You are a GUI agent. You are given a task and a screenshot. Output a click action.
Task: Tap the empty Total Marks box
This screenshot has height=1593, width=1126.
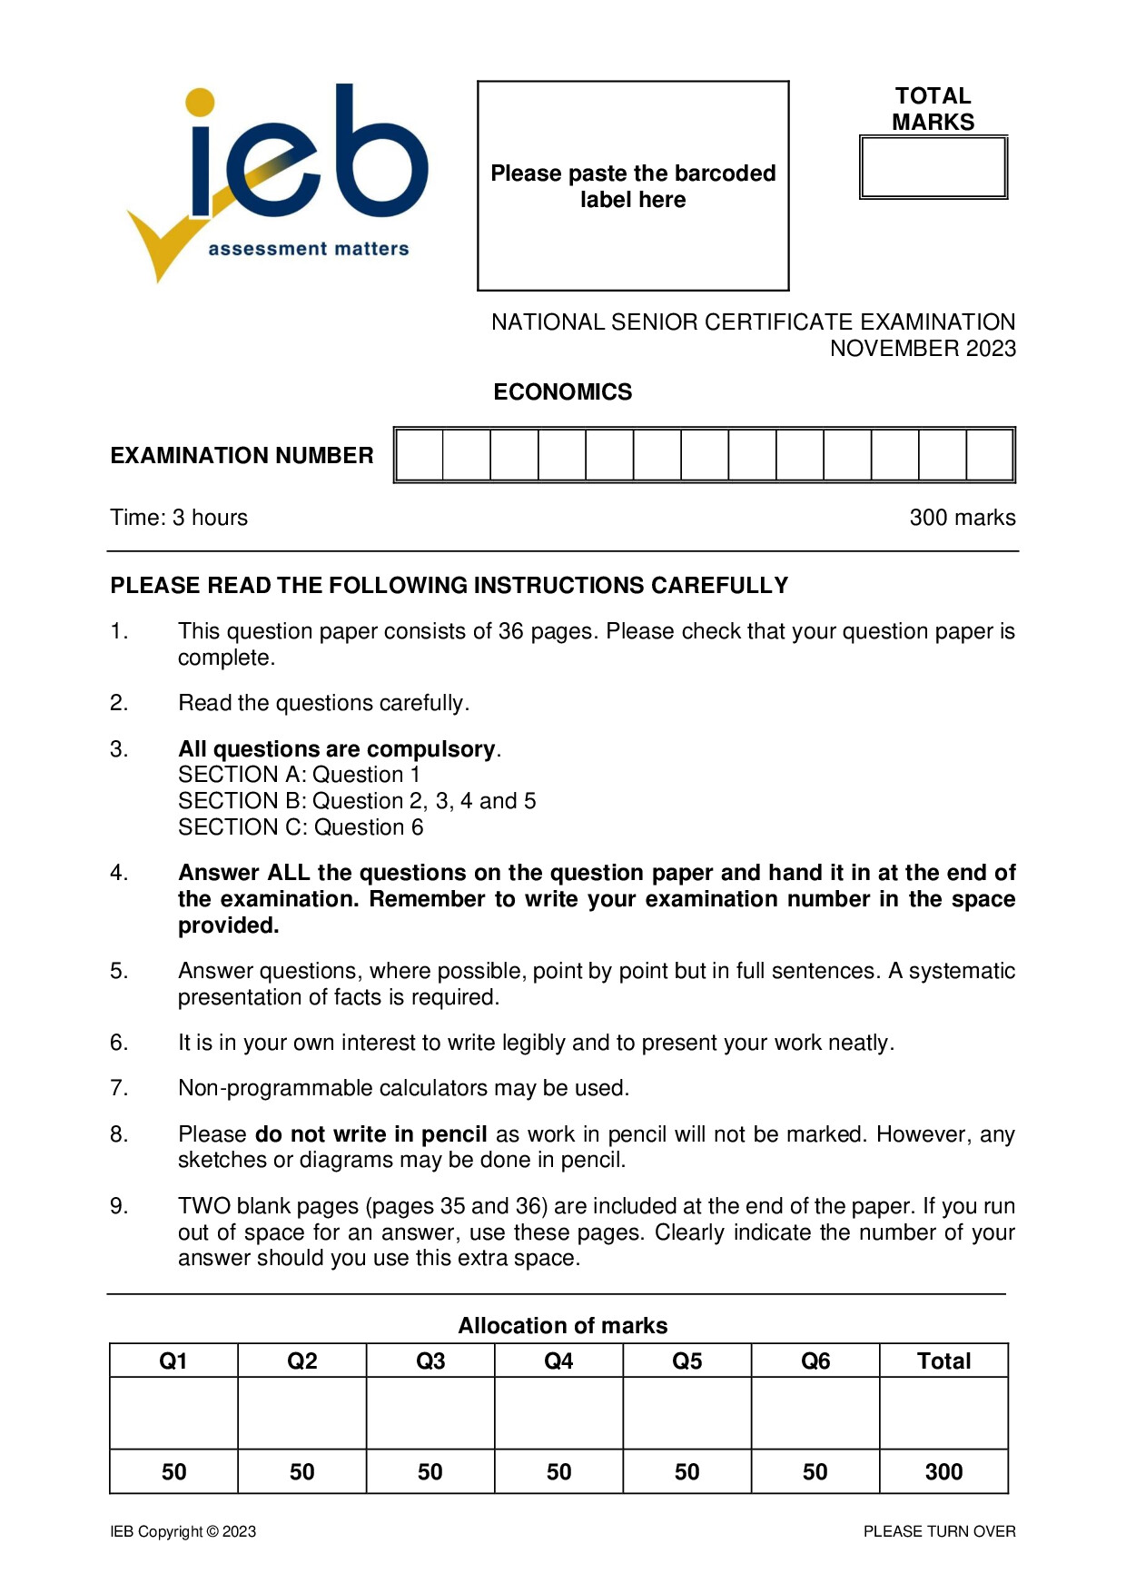pyautogui.click(x=933, y=167)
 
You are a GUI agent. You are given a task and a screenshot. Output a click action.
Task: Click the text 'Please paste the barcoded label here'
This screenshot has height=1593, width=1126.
pyautogui.click(x=633, y=186)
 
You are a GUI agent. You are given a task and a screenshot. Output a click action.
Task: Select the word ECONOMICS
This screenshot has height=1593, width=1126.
pyautogui.click(x=562, y=391)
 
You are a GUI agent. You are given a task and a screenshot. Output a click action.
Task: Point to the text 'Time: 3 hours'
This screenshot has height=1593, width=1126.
pyautogui.click(x=179, y=518)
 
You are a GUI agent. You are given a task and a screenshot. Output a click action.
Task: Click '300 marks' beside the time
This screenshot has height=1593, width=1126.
pyautogui.click(x=962, y=518)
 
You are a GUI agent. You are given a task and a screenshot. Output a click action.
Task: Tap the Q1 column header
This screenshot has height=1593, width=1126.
pyautogui.click(x=173, y=1360)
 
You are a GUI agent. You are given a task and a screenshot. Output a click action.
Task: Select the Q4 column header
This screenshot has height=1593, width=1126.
pyautogui.click(x=558, y=1360)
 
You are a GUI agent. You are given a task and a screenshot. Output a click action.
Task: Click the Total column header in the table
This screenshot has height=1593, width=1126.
pyautogui.click(x=943, y=1360)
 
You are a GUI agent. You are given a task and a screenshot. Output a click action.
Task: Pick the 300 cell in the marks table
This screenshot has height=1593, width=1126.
pyautogui.click(x=943, y=1471)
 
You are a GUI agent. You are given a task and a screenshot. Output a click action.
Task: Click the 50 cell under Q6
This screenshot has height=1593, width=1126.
pyautogui.click(x=815, y=1471)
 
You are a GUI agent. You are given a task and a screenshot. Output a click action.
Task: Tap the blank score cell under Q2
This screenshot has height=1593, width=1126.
pyautogui.click(x=301, y=1413)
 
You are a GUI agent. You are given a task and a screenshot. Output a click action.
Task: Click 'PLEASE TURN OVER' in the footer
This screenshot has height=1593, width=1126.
pyautogui.click(x=939, y=1531)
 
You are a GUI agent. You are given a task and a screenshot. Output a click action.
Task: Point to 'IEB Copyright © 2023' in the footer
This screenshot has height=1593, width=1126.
pyautogui.click(x=183, y=1531)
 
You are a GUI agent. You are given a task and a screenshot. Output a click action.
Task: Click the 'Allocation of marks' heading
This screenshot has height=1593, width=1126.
pyautogui.click(x=562, y=1326)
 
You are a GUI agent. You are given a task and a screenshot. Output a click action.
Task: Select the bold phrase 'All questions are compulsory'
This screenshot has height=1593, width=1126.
pyautogui.click(x=337, y=749)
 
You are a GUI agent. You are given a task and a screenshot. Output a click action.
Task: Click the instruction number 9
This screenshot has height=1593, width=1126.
pyautogui.click(x=119, y=1206)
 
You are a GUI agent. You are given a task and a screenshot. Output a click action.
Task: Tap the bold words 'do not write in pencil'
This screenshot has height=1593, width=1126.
pyautogui.click(x=370, y=1134)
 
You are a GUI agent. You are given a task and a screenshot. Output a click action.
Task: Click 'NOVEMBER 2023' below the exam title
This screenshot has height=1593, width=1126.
pyautogui.click(x=923, y=349)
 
